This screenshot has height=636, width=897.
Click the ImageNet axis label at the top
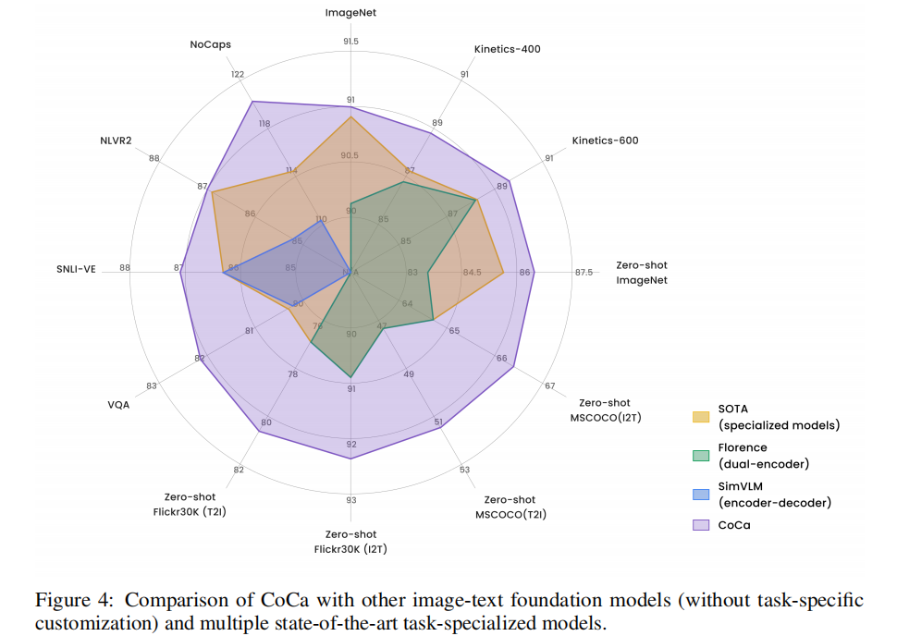350,13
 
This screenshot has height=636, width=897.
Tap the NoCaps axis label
210,44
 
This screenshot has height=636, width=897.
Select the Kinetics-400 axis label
507,49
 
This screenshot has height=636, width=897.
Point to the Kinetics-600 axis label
605,141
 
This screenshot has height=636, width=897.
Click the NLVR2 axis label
116,141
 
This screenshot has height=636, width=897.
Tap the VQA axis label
117,405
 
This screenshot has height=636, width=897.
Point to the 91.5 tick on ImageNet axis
350,42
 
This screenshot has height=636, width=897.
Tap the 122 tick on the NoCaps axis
238,75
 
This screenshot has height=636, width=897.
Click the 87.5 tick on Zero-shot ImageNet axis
584,272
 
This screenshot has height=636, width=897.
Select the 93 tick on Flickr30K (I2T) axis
350,500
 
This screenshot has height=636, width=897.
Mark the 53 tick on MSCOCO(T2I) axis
465,470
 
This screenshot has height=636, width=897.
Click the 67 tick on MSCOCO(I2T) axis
549,385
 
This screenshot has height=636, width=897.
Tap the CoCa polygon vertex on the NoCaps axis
252,102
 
